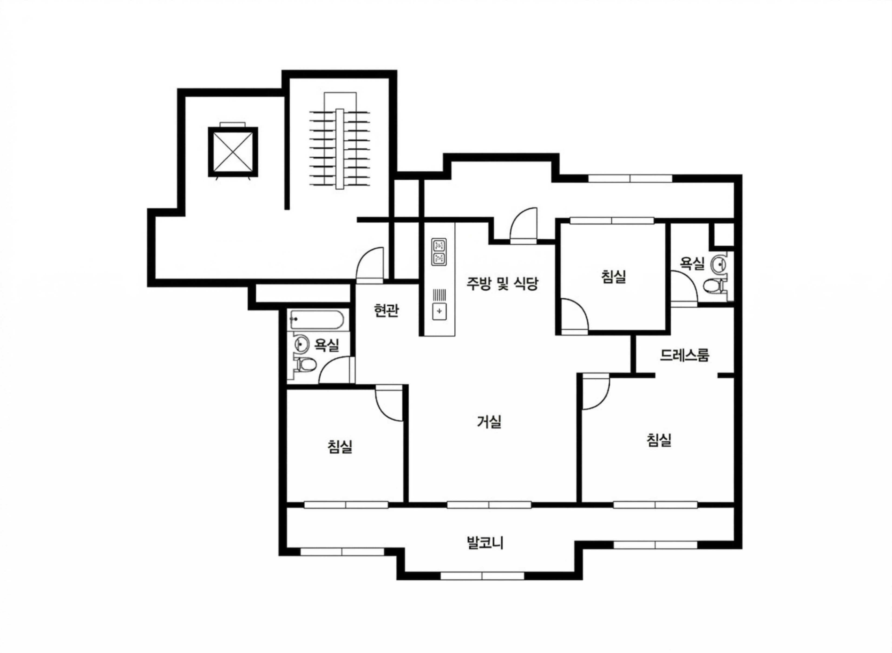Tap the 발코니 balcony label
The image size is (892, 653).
tap(485, 543)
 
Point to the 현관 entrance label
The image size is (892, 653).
tap(386, 311)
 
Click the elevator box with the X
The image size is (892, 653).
tap(233, 152)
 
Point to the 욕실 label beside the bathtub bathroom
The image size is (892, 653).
tap(326, 345)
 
